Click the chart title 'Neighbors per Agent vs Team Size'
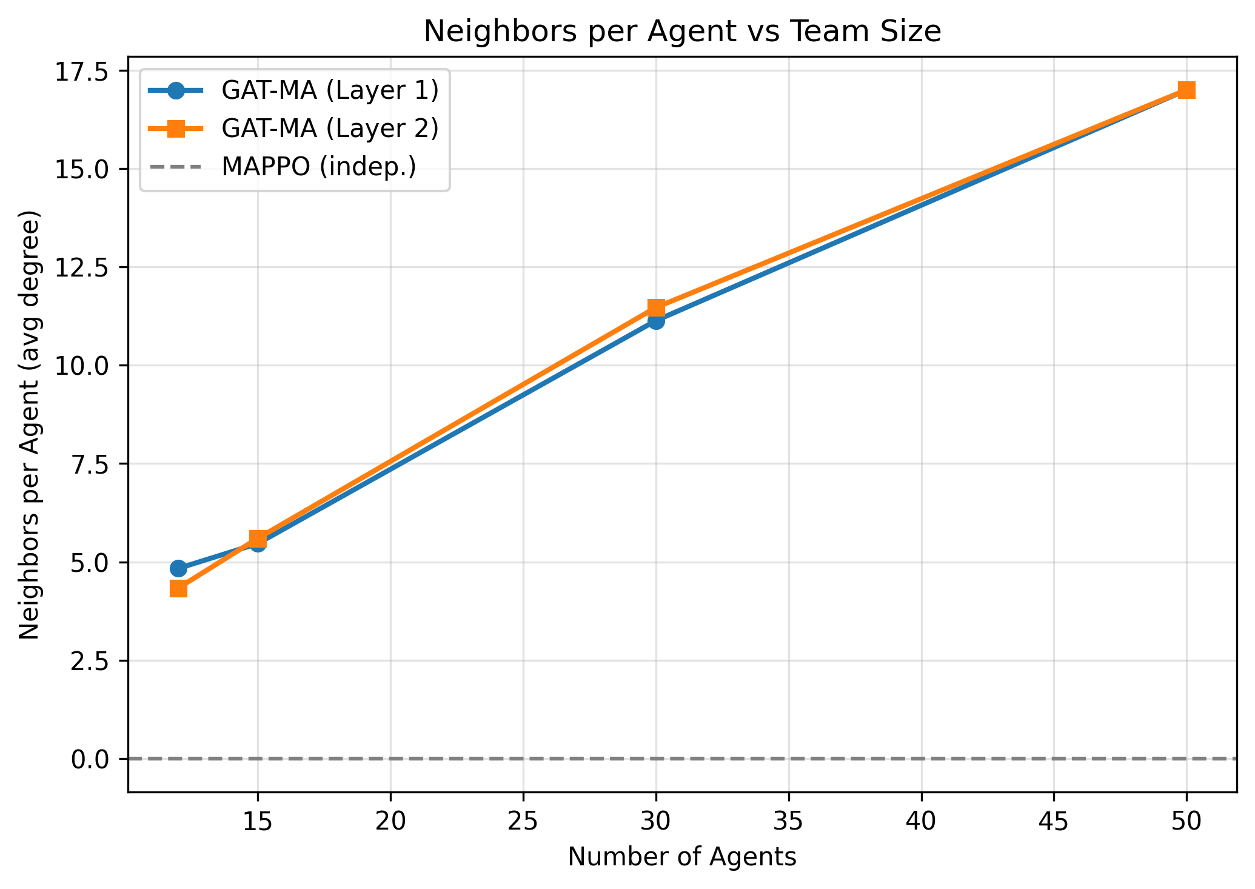pos(682,32)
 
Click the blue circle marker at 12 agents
pos(178,568)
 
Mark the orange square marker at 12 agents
pos(178,589)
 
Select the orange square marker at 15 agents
pos(258,538)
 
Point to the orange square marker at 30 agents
pos(655,307)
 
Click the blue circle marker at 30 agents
pos(655,321)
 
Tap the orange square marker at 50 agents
pos(1186,90)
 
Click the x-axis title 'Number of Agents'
pos(682,857)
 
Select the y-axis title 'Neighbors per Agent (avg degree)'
pos(30,424)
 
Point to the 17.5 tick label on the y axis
pos(89,71)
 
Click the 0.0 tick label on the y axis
pos(89,759)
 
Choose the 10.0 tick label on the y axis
pos(89,366)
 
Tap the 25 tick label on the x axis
pos(523,822)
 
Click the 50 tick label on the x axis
pos(1186,822)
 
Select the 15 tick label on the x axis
pos(258,822)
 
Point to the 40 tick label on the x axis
pos(921,822)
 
